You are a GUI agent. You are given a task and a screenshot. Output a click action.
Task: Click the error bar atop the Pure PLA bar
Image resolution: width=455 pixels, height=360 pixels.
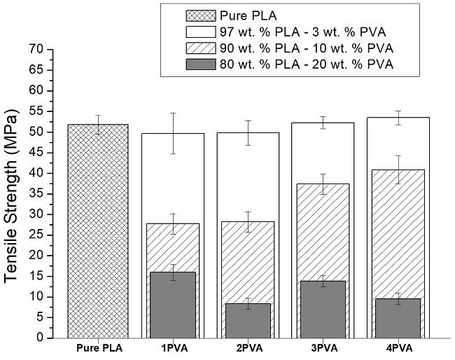pyautogui.click(x=98, y=125)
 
